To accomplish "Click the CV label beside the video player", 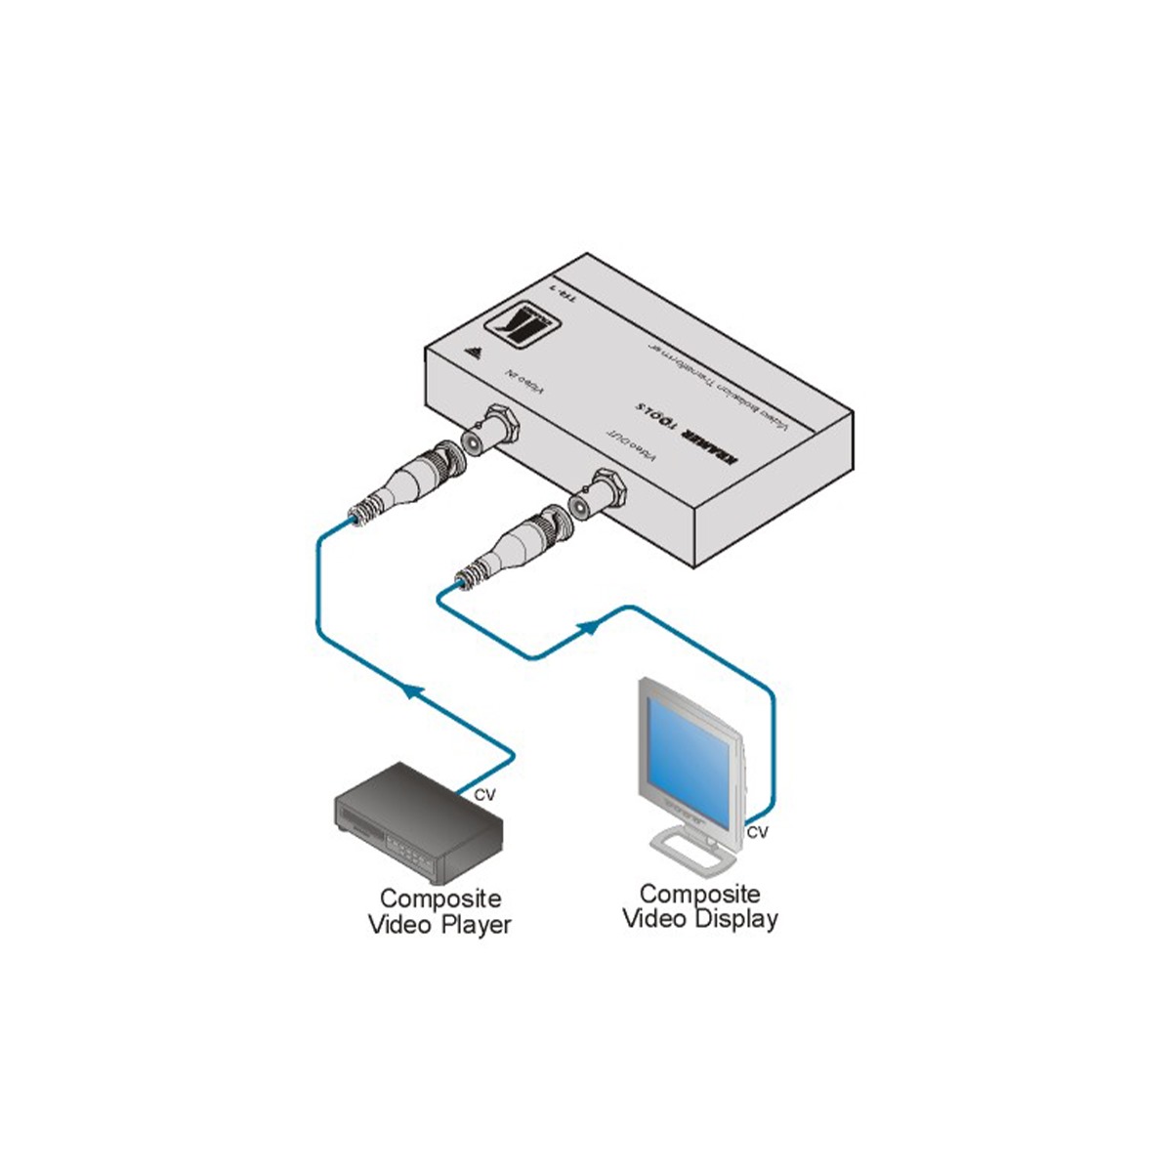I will click(x=484, y=795).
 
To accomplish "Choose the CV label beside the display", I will click(x=757, y=832).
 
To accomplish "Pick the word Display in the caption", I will click(x=737, y=918).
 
